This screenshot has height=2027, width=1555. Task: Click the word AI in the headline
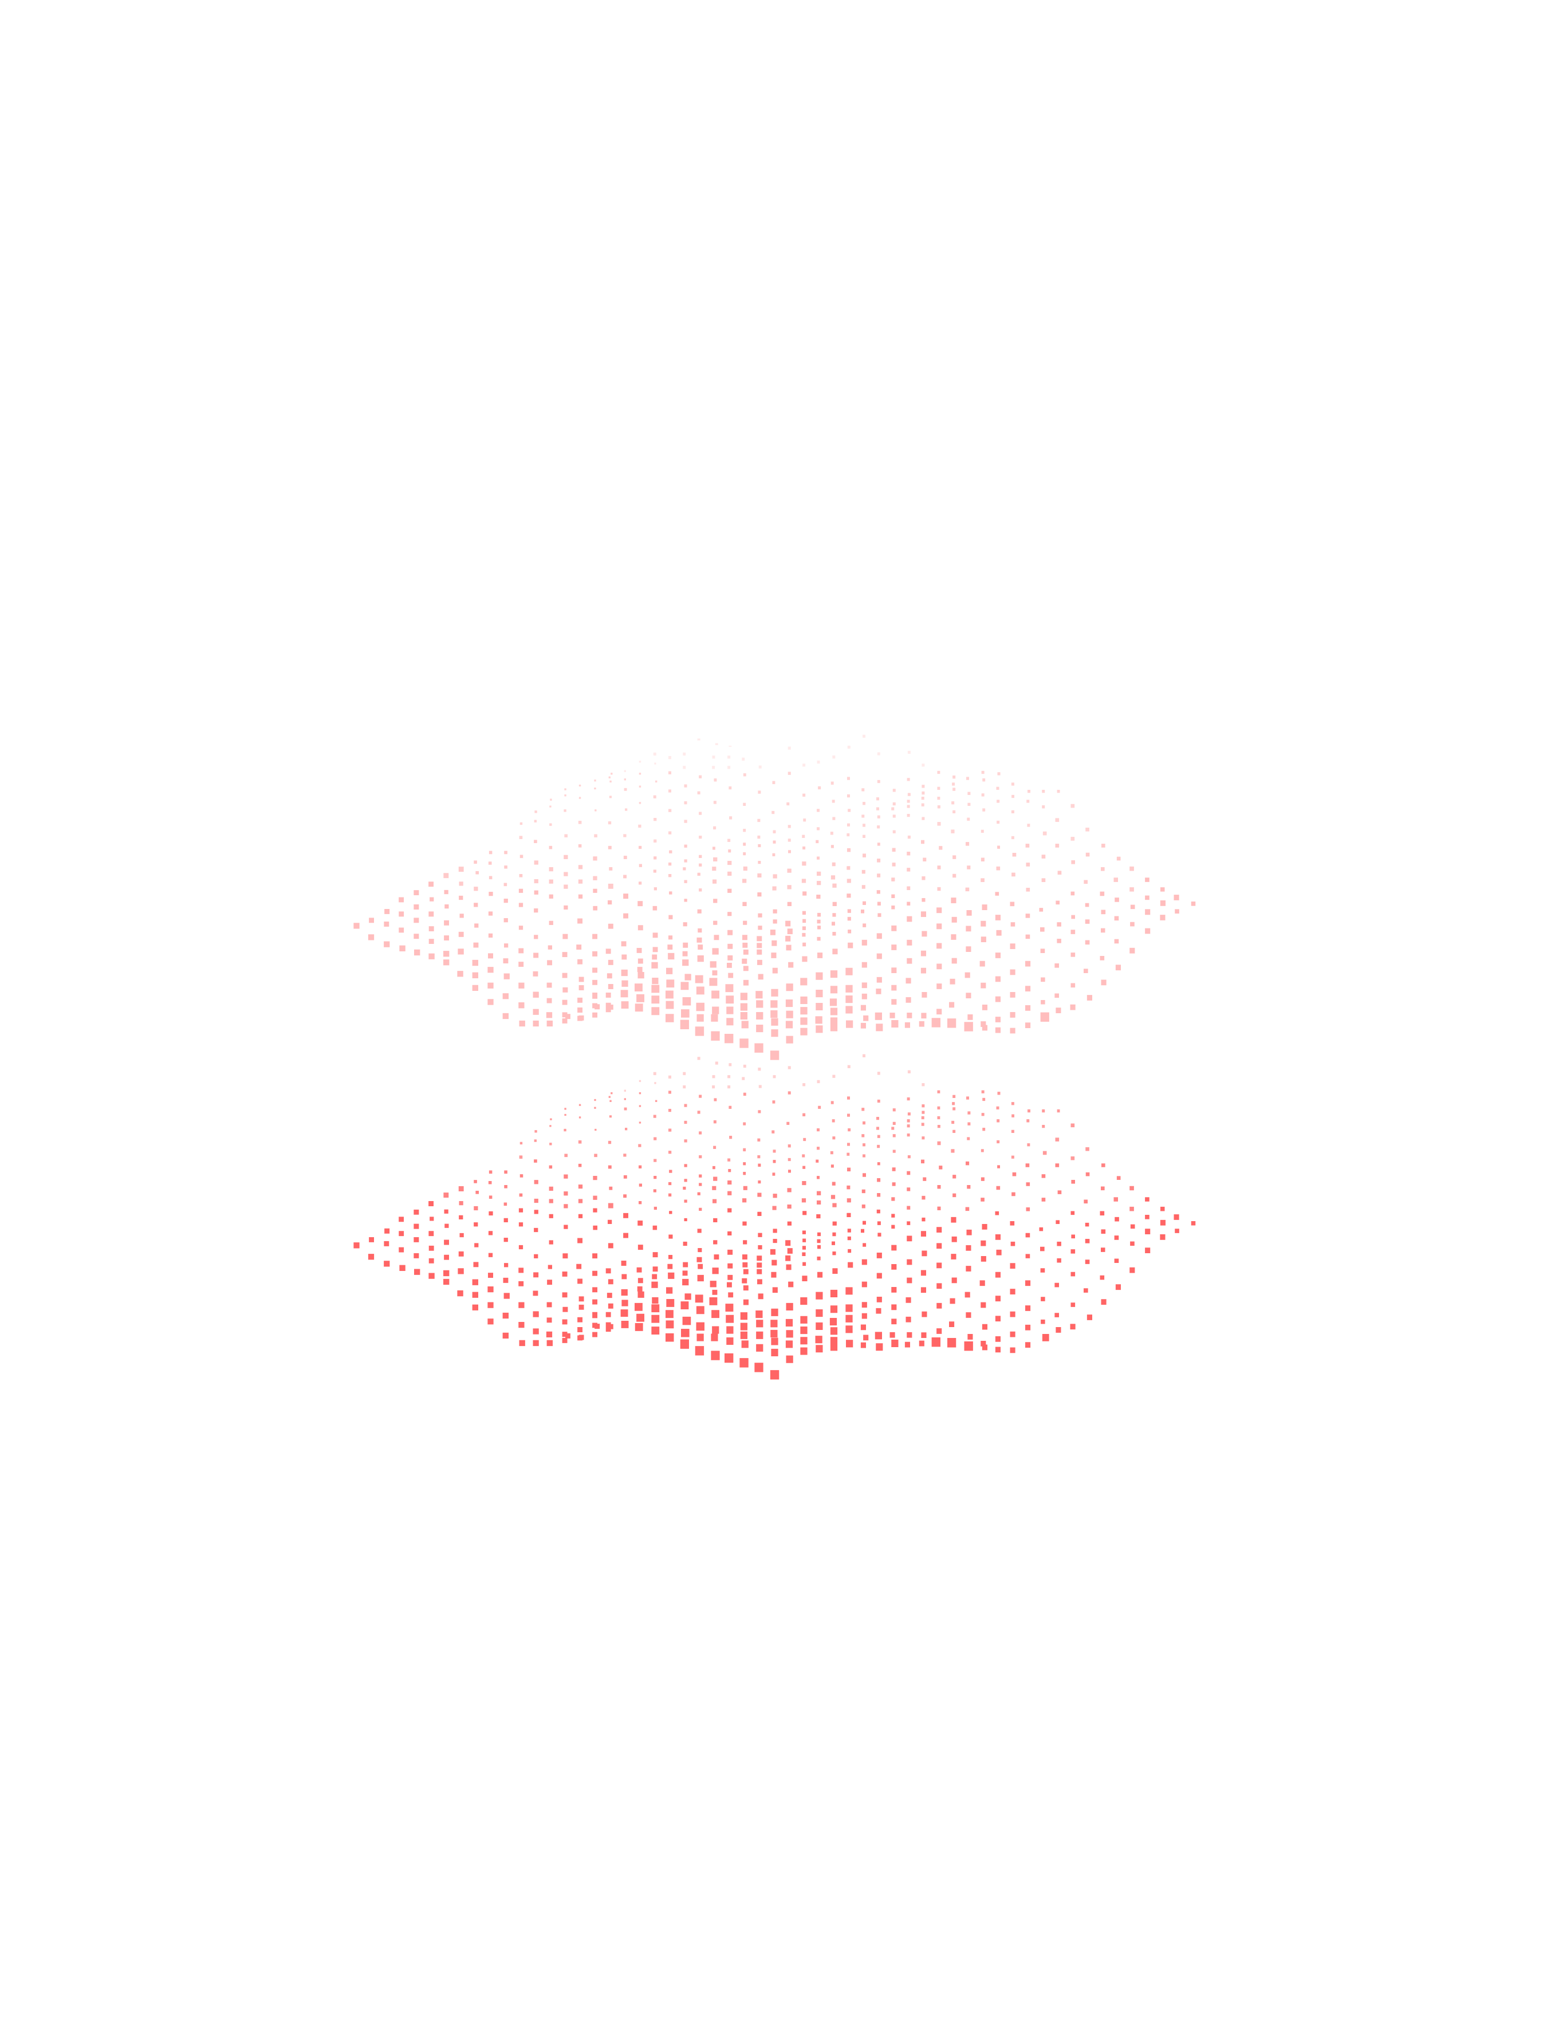pyautogui.click(x=102, y=1981)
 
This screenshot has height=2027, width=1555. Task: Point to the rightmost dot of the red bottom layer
pyautogui.click(x=1193, y=1223)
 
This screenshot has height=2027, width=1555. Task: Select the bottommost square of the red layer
pyautogui.click(x=775, y=1375)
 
